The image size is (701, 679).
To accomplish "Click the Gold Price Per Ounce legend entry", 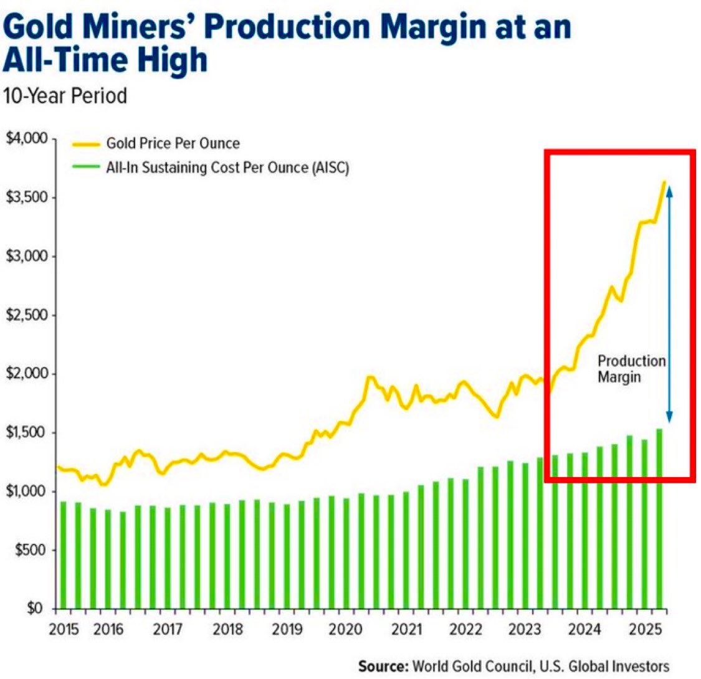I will (173, 144).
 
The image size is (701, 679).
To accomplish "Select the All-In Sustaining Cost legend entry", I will (227, 168).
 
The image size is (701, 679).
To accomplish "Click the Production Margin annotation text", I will (631, 369).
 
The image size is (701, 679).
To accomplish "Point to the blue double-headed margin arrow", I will (669, 305).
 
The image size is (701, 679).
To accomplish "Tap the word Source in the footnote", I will (383, 665).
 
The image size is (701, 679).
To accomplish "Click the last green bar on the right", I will (659, 517).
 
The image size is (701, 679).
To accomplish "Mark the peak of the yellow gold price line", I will (664, 182).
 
